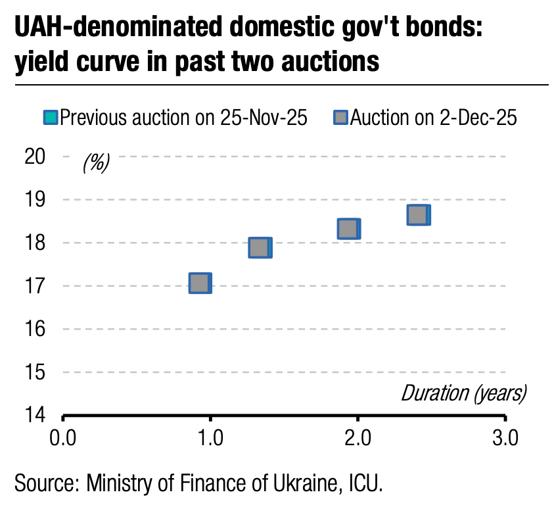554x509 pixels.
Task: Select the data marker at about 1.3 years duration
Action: point(260,248)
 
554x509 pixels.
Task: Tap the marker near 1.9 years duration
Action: point(348,229)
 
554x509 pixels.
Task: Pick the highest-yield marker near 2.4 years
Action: point(418,215)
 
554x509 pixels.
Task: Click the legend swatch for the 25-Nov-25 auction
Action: point(51,118)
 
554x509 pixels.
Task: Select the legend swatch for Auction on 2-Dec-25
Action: point(340,118)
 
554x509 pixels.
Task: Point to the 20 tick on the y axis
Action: point(35,157)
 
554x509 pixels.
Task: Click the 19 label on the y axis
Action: point(35,200)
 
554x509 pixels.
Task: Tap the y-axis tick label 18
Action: point(35,243)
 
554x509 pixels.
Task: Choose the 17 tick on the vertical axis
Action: point(35,286)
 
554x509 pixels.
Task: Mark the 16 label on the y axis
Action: point(35,329)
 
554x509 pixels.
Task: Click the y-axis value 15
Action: point(35,372)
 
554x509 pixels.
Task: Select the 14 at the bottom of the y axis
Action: point(35,415)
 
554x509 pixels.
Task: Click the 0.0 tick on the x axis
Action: point(64,437)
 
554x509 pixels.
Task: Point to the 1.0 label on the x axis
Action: point(210,437)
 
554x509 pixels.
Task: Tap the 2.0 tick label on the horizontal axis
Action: point(358,437)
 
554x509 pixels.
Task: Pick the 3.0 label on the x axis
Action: point(505,437)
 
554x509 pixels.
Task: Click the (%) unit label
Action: point(96,162)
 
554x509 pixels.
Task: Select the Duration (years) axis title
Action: point(464,393)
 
